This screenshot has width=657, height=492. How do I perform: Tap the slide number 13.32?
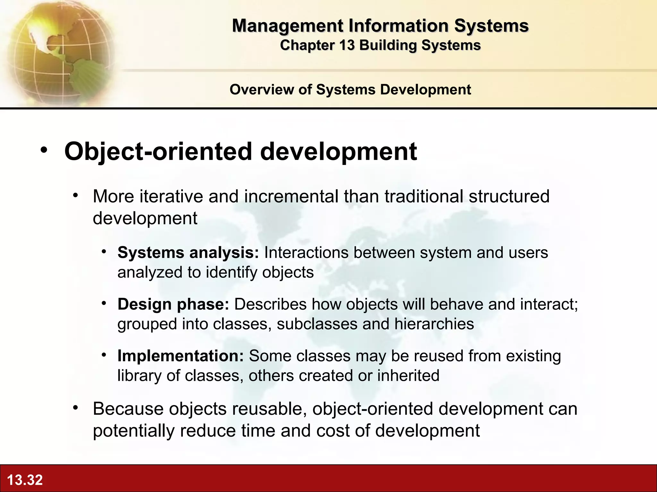point(25,480)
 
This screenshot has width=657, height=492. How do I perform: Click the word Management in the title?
point(287,26)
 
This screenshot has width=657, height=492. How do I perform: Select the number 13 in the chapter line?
point(346,45)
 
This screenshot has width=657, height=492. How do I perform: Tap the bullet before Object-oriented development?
point(44,150)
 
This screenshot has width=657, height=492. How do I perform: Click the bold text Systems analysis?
point(188,253)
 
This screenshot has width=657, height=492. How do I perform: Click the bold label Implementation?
point(181,356)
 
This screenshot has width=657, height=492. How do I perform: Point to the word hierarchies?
point(434,324)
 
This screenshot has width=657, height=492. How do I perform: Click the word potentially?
point(133,430)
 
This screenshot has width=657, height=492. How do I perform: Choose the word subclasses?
point(317,324)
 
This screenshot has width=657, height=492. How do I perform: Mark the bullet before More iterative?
point(75,195)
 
